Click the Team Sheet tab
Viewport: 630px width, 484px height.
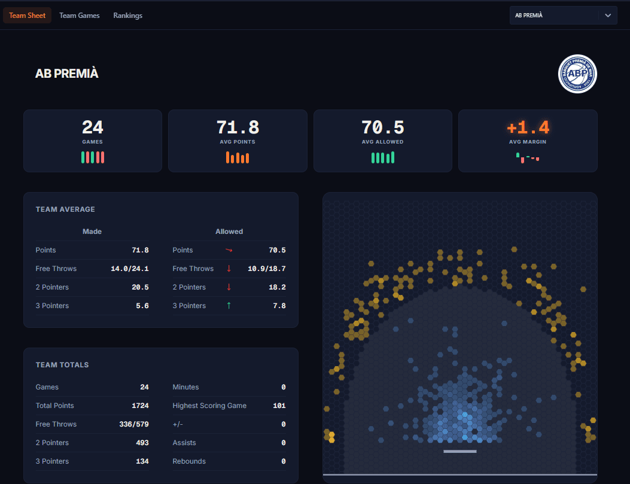pos(28,16)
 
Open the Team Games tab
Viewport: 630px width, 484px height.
pos(80,16)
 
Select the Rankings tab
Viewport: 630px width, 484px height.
pos(128,16)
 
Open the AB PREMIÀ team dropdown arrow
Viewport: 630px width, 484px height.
pos(608,16)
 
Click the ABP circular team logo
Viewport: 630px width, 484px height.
pos(577,74)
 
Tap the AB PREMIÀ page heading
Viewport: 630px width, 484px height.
pos(66,74)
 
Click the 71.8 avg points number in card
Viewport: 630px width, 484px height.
pos(238,127)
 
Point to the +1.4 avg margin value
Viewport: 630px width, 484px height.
pos(528,127)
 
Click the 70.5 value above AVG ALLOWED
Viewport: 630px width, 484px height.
pos(382,127)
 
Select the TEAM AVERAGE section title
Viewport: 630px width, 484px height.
pos(65,209)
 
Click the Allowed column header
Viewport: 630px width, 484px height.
pos(229,232)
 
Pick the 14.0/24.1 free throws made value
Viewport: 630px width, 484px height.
pos(130,269)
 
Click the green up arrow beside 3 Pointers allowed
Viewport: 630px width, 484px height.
pos(229,306)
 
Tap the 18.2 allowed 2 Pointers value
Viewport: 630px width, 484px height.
pos(277,287)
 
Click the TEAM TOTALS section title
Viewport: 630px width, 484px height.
pos(62,365)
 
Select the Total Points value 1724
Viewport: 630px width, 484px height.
pos(140,406)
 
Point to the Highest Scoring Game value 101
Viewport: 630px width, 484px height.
pos(279,406)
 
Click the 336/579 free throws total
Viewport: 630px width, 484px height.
pos(134,424)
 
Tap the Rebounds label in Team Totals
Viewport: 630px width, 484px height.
pos(189,461)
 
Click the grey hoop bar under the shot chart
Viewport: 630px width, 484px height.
pos(460,452)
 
